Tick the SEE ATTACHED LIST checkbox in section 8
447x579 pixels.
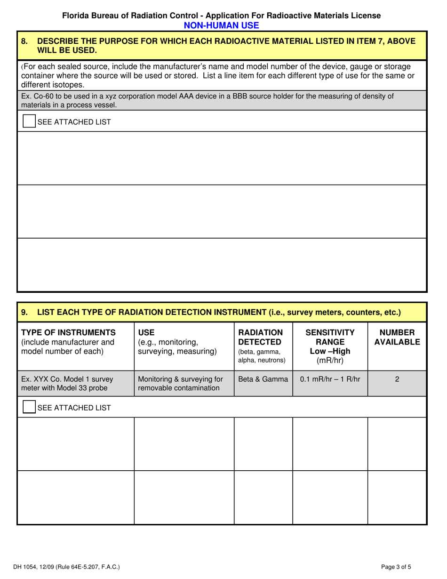pos(29,121)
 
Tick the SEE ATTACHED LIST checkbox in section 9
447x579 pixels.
pos(29,407)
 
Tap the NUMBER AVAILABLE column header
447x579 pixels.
pos(397,337)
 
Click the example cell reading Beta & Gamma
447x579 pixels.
pos(263,379)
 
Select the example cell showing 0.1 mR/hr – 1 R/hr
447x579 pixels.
pos(330,379)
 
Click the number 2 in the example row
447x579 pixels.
pos(397,379)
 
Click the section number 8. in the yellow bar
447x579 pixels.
pos(25,41)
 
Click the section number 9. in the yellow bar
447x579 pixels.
pos(25,312)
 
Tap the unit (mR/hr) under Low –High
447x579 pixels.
pos(330,361)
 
